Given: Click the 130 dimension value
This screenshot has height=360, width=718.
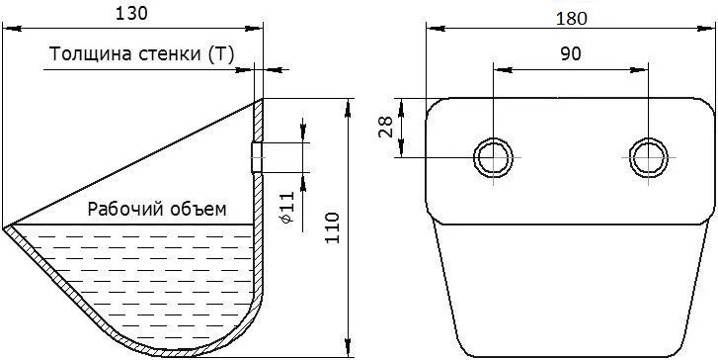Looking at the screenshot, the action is (131, 14).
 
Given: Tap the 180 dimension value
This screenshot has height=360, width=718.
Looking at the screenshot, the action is (571, 19).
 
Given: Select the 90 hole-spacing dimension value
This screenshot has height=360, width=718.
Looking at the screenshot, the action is (571, 53).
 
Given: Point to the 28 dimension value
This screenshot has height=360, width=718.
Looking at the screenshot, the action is (385, 127).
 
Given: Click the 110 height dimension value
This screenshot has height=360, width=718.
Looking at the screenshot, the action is (332, 227).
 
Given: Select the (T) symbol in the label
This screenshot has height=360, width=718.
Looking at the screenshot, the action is (220, 54).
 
